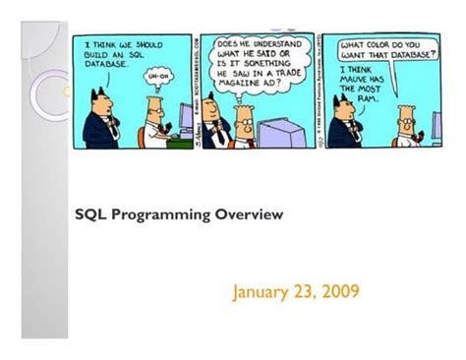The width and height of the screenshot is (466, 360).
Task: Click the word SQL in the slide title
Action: pos(94,212)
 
